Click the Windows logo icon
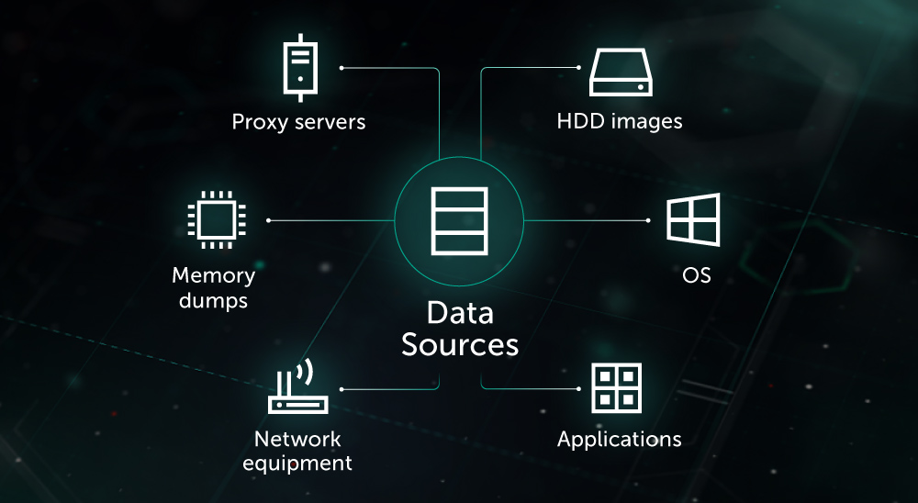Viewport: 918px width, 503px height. click(x=693, y=220)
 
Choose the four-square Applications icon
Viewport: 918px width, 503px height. click(x=616, y=388)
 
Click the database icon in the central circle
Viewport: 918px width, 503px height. click(x=458, y=220)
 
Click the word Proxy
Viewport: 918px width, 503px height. click(x=261, y=122)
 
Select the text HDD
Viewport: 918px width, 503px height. click(x=579, y=121)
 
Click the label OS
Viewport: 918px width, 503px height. click(x=697, y=275)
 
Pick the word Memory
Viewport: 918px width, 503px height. click(x=213, y=274)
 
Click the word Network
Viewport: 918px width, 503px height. click(x=297, y=439)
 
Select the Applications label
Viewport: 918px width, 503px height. click(x=619, y=440)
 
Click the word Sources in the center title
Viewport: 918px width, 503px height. click(x=460, y=345)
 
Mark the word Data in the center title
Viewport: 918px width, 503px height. click(x=460, y=312)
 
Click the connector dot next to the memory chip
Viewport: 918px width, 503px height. click(x=268, y=220)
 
